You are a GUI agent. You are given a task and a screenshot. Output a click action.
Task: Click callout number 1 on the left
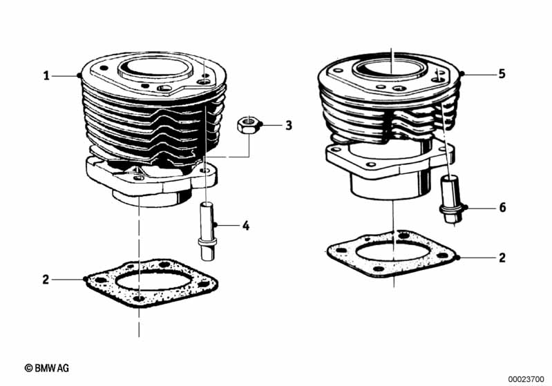(46, 75)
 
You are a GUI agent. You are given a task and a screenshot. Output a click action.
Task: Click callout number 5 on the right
(502, 73)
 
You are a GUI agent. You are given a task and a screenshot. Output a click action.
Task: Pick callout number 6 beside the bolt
(502, 207)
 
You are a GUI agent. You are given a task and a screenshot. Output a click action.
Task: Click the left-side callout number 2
(46, 279)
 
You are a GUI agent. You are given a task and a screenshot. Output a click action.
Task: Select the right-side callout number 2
(502, 258)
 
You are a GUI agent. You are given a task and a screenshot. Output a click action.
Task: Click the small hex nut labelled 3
(247, 126)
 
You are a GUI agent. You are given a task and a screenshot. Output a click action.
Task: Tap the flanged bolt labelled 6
(449, 200)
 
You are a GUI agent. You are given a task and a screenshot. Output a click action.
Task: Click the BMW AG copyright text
(47, 368)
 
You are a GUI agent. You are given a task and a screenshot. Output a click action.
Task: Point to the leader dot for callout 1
(81, 75)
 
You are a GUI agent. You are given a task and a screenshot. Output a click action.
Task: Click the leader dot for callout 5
(462, 74)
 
